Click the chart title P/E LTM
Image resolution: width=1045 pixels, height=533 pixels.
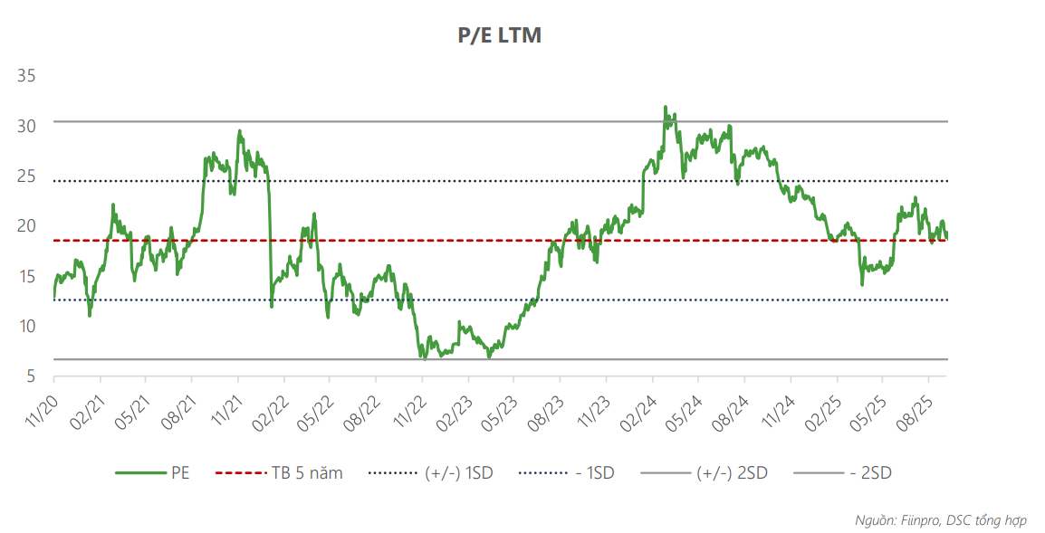pyautogui.click(x=499, y=35)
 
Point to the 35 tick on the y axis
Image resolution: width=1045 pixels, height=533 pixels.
pyautogui.click(x=26, y=76)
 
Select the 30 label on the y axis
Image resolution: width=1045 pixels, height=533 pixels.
pyautogui.click(x=26, y=126)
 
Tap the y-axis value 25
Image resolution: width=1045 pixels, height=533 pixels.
pyautogui.click(x=26, y=176)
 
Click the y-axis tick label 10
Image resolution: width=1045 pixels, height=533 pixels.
pyautogui.click(x=26, y=326)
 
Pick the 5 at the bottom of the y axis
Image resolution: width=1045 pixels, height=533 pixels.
pyautogui.click(x=31, y=376)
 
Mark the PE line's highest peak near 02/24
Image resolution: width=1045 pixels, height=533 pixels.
pyautogui.click(x=665, y=107)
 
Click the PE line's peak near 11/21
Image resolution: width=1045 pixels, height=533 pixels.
pyautogui.click(x=240, y=130)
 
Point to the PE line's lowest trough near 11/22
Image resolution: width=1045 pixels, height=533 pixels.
pyautogui.click(x=423, y=358)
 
